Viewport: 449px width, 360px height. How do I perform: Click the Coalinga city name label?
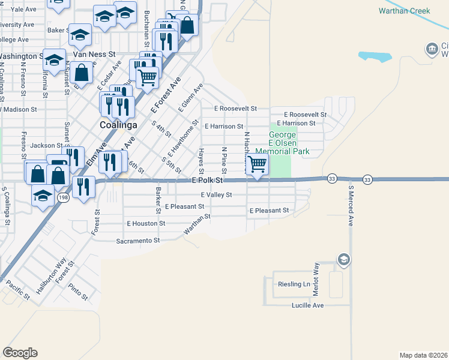[x=118, y=125]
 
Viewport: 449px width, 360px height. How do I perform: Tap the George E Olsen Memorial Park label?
[x=282, y=143]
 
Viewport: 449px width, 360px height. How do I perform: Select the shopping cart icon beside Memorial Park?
[x=258, y=163]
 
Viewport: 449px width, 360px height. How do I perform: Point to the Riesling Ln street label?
[x=293, y=283]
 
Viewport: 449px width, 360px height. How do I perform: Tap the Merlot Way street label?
[x=316, y=279]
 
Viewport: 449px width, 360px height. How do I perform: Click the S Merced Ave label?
[x=351, y=205]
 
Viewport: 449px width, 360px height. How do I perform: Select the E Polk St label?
[x=207, y=180]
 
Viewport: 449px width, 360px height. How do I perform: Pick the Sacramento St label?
[x=138, y=241]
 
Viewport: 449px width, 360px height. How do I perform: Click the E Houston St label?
[x=146, y=223]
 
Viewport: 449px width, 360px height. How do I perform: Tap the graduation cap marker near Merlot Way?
[x=344, y=259]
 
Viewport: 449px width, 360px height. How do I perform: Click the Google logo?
[x=20, y=353]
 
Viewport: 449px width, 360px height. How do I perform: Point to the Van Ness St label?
[x=94, y=54]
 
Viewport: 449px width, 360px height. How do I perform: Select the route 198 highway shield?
[x=62, y=197]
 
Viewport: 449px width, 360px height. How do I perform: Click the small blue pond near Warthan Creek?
[x=374, y=57]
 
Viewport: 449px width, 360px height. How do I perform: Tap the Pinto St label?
[x=78, y=292]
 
